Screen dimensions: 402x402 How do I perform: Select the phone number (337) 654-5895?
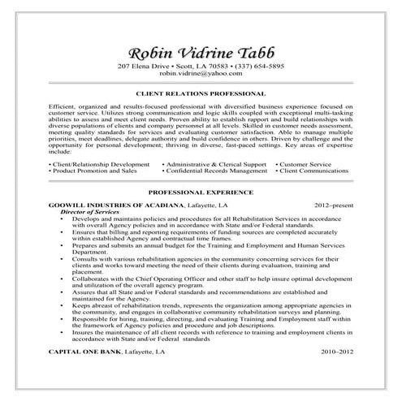point(257,65)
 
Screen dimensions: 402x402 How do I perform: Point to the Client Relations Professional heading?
point(201,94)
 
